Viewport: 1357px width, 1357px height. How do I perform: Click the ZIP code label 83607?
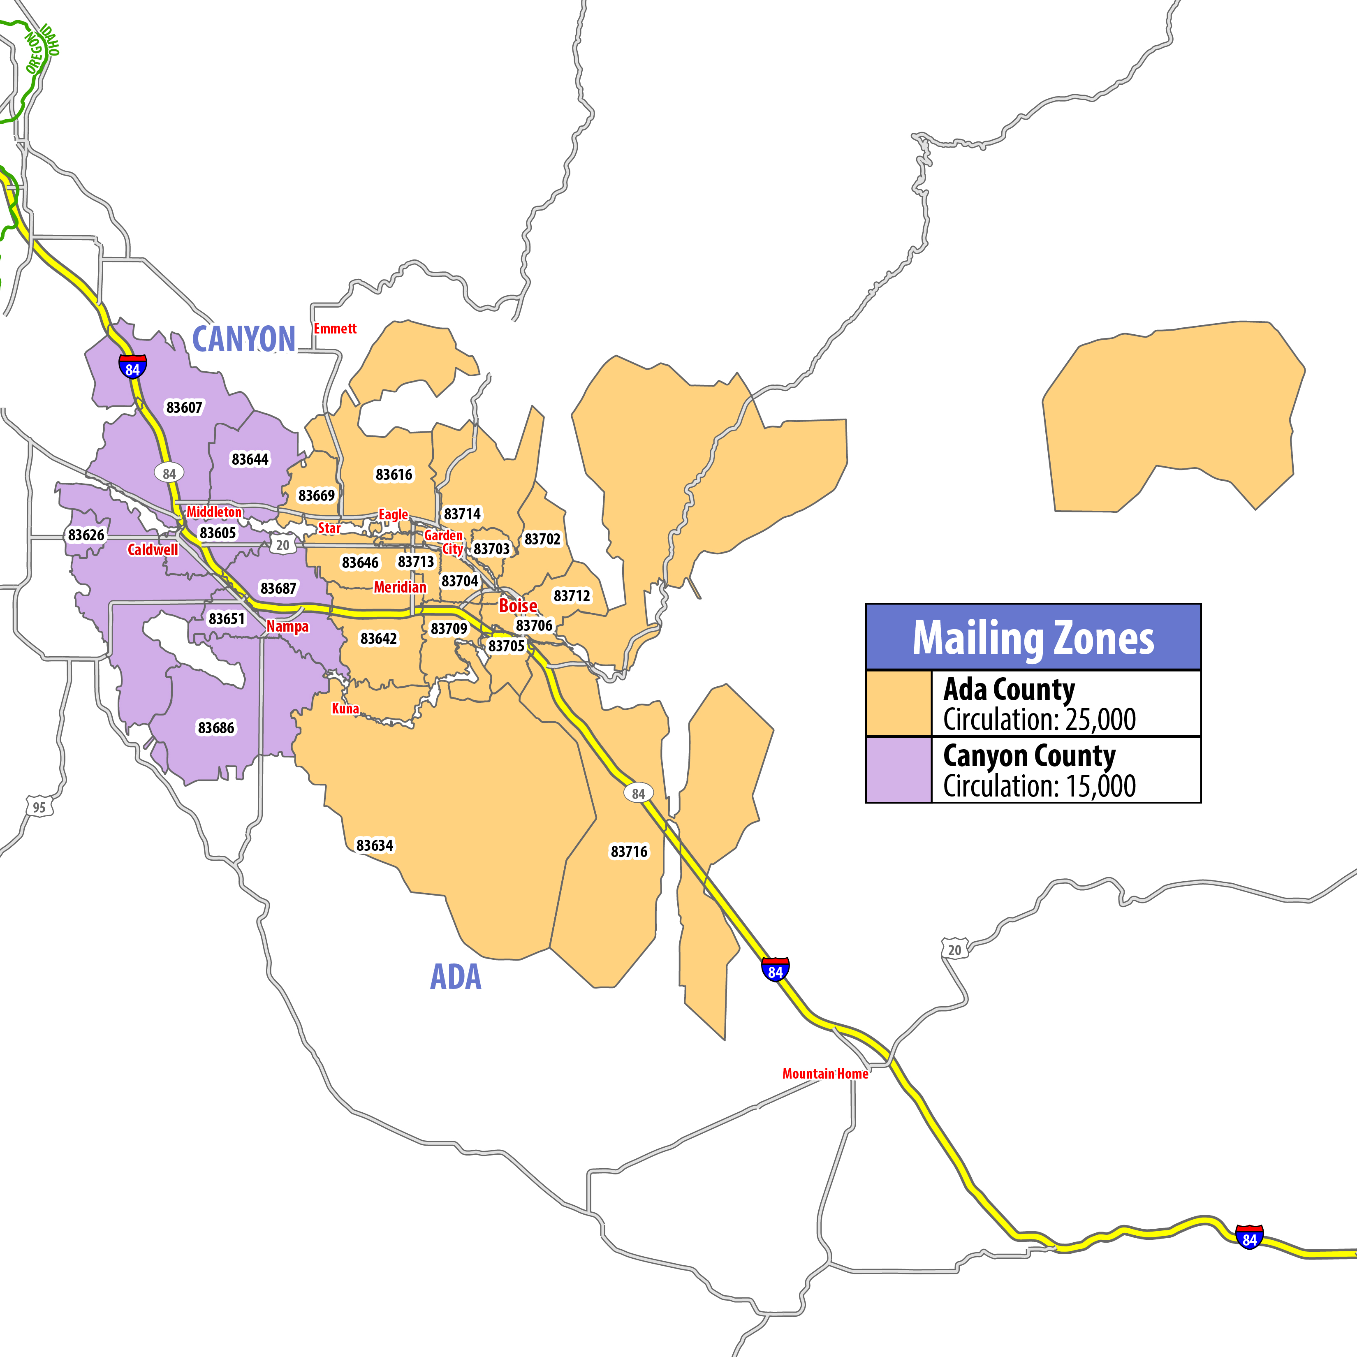184,408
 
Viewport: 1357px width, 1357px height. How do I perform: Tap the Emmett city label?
335,329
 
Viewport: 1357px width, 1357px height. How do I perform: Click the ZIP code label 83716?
629,851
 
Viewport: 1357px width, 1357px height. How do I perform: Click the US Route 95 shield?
39,807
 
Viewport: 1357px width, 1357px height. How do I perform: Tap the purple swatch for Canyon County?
898,770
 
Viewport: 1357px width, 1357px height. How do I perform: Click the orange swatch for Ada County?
898,703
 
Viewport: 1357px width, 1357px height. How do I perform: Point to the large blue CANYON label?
244,339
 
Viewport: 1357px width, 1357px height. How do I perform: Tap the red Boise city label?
518,605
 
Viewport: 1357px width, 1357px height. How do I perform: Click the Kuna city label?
345,708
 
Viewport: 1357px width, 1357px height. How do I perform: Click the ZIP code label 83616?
394,475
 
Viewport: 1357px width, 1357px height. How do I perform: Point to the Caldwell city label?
153,549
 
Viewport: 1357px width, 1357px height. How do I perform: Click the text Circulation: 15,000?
1039,786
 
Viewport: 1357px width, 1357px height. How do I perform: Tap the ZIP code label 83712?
572,595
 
